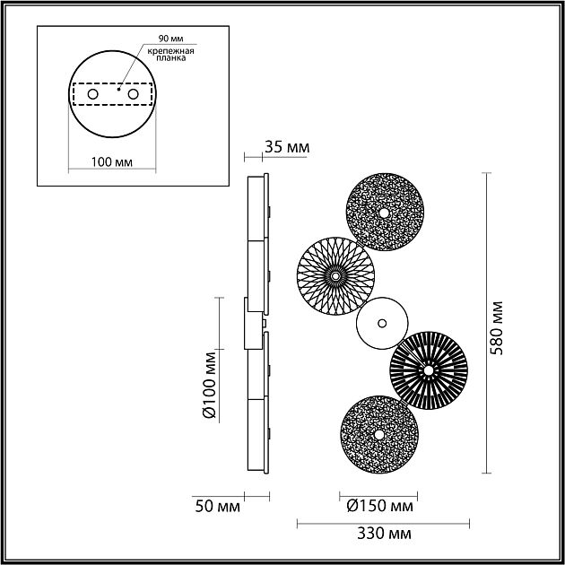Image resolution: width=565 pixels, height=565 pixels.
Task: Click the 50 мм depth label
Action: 217,507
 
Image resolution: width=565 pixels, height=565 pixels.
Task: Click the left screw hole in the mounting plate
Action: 92,93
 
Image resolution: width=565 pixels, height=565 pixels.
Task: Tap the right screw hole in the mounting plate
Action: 133,93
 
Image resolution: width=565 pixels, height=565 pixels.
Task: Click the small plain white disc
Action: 381,323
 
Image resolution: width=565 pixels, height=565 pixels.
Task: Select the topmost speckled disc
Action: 386,213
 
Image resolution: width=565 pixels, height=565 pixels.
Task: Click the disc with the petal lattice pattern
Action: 335,276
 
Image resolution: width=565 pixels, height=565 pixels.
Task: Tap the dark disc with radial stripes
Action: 428,369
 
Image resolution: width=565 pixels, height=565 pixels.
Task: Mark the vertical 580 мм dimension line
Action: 487,323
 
